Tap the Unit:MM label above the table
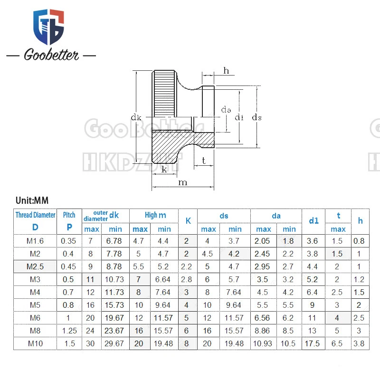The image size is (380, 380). [32, 200]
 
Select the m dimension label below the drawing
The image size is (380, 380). [182, 183]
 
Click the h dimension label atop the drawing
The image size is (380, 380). [226, 71]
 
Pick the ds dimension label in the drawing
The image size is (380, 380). [256, 117]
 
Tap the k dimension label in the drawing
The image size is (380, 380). [164, 169]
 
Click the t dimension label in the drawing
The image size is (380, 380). [204, 161]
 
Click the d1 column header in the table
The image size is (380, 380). [313, 220]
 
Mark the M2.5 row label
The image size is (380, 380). [35, 266]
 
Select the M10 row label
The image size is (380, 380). [35, 343]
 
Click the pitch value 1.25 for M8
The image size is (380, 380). [69, 331]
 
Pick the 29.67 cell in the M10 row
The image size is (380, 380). [115, 343]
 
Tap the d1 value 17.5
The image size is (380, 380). [313, 343]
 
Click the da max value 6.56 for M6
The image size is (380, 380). [263, 318]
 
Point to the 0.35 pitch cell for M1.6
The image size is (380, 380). [69, 241]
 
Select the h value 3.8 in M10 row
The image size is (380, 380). [360, 343]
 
